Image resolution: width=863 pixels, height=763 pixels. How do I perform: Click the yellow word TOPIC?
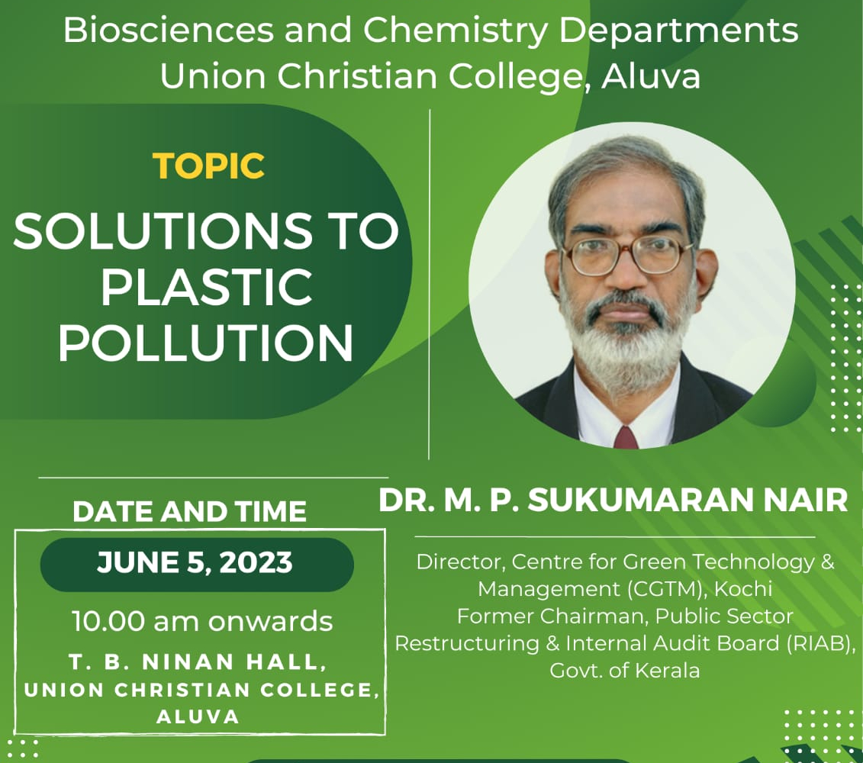[x=208, y=166]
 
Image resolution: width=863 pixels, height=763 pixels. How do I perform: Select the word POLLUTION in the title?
[x=206, y=343]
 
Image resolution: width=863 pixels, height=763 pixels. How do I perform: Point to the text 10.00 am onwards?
[x=202, y=622]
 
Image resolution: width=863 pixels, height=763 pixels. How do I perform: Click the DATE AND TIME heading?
[x=189, y=511]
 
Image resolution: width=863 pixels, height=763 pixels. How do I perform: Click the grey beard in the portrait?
[x=626, y=341]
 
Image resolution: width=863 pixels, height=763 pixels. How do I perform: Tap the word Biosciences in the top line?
[x=168, y=31]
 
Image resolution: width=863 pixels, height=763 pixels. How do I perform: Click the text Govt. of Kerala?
[x=625, y=671]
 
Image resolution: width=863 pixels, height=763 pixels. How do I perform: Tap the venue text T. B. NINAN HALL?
[x=198, y=662]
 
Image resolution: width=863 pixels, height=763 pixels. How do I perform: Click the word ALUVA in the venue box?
[x=198, y=716]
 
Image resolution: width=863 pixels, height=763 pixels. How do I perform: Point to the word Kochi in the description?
[x=743, y=589]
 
